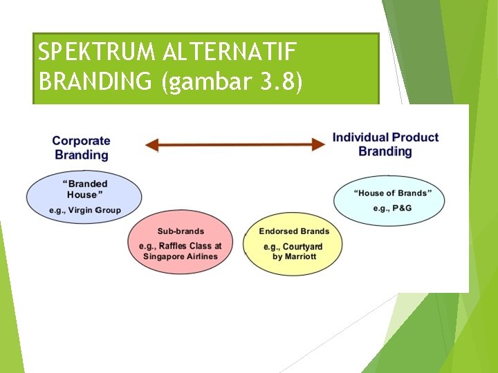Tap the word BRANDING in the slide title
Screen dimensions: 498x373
click(96, 82)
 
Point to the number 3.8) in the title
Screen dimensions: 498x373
click(280, 82)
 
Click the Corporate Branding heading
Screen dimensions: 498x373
click(81, 148)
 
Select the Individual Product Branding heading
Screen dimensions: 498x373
click(385, 144)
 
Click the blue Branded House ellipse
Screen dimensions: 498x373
click(84, 195)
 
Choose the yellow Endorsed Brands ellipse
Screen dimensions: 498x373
click(294, 244)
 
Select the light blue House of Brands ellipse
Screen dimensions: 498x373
click(389, 200)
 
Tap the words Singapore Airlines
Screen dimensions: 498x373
click(181, 256)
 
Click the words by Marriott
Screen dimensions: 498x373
click(294, 256)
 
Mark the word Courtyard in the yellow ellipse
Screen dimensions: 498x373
click(302, 247)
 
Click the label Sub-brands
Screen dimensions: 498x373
click(181, 231)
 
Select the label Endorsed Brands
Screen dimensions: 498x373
click(294, 231)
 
